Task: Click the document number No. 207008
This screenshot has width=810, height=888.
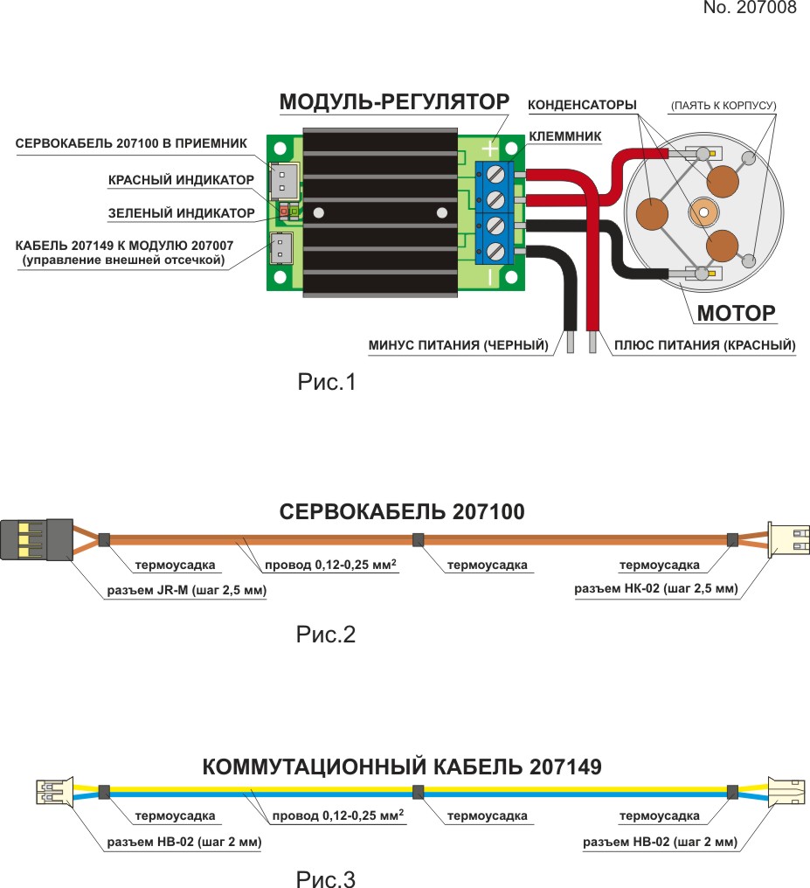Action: (750, 9)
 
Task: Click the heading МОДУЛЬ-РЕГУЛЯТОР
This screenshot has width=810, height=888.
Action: (393, 102)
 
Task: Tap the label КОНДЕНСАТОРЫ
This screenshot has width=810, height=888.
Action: (582, 106)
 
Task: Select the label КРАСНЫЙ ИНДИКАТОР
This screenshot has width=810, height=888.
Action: (181, 180)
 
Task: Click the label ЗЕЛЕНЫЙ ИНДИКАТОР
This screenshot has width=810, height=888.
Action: (181, 212)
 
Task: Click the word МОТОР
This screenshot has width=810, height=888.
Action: (736, 312)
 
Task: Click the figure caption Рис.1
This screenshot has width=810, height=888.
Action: (327, 382)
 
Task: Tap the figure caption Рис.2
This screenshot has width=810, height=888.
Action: (326, 635)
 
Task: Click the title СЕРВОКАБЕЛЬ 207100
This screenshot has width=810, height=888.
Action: (402, 512)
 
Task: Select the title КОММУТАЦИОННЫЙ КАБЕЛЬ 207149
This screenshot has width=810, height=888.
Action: (402, 767)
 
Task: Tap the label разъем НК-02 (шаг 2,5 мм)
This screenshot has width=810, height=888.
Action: (655, 589)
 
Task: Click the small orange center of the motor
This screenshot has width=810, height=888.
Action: (703, 212)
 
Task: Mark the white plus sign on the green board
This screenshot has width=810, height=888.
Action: (490, 149)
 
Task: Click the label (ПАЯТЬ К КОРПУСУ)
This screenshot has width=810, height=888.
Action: (723, 106)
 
